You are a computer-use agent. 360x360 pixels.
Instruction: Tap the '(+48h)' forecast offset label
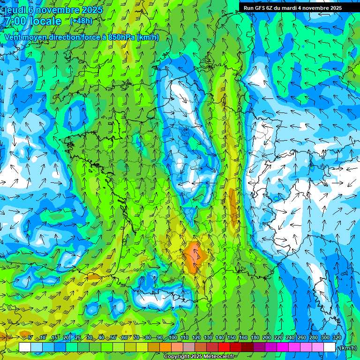[81, 21]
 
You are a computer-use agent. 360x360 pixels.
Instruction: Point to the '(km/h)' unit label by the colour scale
[347, 348]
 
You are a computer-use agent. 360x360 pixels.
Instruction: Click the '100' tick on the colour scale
[173, 337]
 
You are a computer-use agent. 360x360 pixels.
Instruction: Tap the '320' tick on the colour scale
[337, 337]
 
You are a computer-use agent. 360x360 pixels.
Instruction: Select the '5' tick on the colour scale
[30, 337]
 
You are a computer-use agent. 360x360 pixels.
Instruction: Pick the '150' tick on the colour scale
[232, 337]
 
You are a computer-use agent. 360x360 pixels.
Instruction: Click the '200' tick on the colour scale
[267, 337]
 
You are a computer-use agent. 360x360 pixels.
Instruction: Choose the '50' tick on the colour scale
[113, 337]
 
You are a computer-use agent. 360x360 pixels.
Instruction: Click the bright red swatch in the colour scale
[225, 347]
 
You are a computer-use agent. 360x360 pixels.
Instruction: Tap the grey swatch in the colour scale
[189, 347]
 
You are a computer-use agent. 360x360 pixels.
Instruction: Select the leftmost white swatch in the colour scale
[25, 347]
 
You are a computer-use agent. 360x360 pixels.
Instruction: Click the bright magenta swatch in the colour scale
[283, 347]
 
